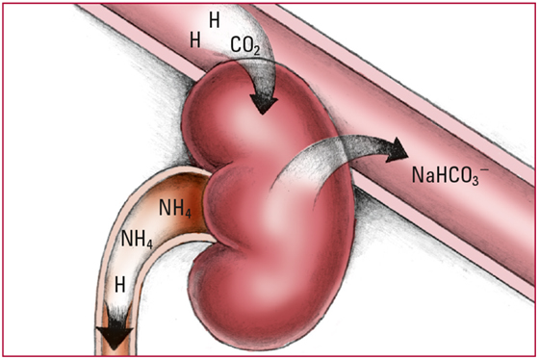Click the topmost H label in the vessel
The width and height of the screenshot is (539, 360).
click(215, 20)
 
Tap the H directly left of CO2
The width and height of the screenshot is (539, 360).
click(195, 39)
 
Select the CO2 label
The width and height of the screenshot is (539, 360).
click(245, 45)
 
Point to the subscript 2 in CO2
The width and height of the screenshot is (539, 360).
click(256, 51)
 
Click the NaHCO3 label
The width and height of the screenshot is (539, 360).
click(450, 175)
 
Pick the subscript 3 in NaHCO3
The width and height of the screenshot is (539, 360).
click(475, 180)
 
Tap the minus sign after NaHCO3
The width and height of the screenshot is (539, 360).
click(485, 169)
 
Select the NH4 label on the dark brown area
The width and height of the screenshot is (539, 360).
click(175, 208)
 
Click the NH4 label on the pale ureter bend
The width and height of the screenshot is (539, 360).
click(137, 239)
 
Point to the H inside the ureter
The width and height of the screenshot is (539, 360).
click(119, 285)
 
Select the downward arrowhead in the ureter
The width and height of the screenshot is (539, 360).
click(115, 337)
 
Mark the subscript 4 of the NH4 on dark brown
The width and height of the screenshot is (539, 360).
click(188, 213)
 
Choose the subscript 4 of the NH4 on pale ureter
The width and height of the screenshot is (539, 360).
click(149, 244)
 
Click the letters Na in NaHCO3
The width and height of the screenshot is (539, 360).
click(422, 174)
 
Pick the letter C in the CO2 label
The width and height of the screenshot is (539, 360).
click(236, 44)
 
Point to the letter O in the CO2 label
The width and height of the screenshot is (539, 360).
click(246, 44)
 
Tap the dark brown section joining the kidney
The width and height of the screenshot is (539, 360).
click(188, 203)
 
